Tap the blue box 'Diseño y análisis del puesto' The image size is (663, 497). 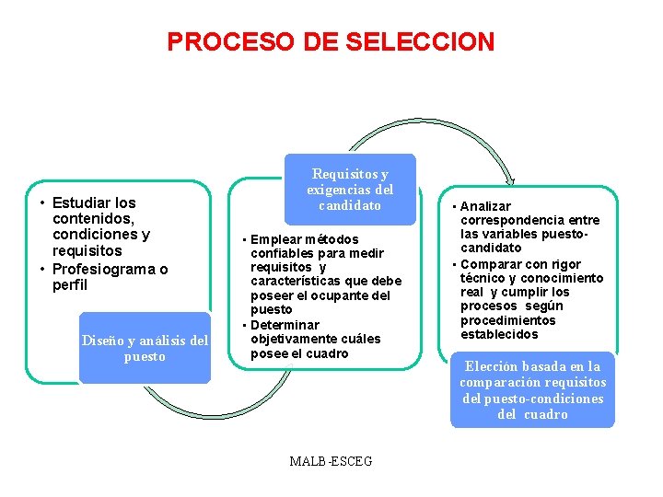(x=145, y=348)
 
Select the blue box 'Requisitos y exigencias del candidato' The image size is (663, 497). (x=350, y=190)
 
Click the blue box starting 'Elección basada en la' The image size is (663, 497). (x=532, y=390)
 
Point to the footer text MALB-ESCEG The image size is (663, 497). (x=331, y=460)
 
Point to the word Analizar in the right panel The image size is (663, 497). (x=485, y=206)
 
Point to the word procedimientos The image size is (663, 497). (x=508, y=320)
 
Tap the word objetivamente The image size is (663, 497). (x=293, y=339)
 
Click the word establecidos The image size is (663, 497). (x=499, y=334)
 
